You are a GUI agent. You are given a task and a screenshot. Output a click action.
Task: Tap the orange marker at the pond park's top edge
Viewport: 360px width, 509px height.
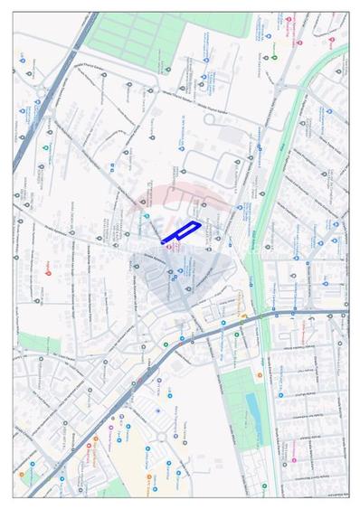tap(260, 375)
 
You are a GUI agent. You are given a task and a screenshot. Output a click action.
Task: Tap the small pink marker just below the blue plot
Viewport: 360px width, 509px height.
tap(167, 247)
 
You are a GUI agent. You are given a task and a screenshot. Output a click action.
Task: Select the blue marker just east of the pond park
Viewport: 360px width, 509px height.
tap(280, 395)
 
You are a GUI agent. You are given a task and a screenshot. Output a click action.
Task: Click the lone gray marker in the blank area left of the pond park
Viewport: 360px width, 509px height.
tap(157, 410)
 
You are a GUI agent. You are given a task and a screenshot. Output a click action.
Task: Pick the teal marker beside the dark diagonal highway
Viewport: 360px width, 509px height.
tap(45, 146)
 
